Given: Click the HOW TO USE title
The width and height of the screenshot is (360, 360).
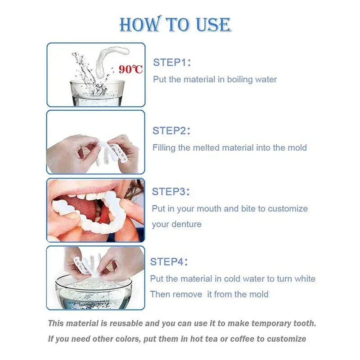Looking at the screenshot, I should [175, 25].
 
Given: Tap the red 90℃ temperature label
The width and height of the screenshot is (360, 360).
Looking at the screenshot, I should [131, 69].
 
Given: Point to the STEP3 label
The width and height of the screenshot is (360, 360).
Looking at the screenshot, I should [171, 191].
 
